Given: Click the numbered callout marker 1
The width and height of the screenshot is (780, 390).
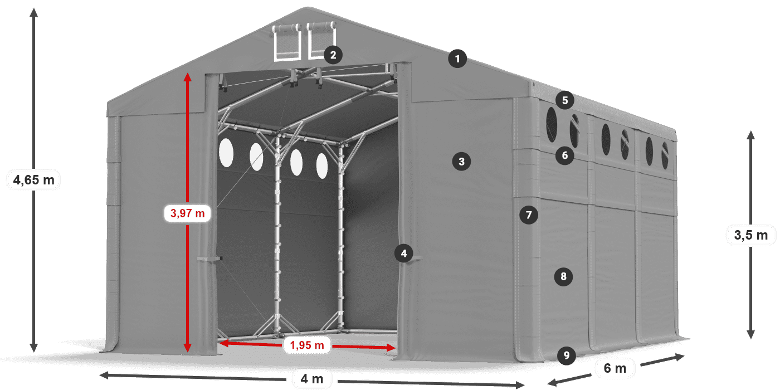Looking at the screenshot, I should pyautogui.click(x=457, y=58).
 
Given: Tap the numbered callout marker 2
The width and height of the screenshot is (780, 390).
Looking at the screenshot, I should pyautogui.click(x=333, y=55).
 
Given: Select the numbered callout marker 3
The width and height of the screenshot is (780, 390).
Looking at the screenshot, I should pyautogui.click(x=461, y=162).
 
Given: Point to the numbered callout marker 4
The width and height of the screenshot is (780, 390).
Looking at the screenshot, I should pyautogui.click(x=403, y=253).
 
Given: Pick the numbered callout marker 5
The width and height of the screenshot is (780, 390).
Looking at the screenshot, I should pyautogui.click(x=565, y=100).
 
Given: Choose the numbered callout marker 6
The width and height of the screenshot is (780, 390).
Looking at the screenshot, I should pyautogui.click(x=564, y=155).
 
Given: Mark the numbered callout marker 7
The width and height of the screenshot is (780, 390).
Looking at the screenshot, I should pyautogui.click(x=529, y=214).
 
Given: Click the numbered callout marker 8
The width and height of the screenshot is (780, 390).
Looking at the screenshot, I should pyautogui.click(x=563, y=276).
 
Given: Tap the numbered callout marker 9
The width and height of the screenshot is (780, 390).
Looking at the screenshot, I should pyautogui.click(x=566, y=354).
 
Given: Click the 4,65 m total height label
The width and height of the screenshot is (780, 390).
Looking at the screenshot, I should pyautogui.click(x=34, y=179).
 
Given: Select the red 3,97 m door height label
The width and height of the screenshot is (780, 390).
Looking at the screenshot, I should pyautogui.click(x=187, y=212).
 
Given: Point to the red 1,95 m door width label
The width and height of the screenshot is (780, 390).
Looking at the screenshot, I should pyautogui.click(x=307, y=345).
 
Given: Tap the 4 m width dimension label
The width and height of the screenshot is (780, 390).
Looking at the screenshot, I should pyautogui.click(x=311, y=379).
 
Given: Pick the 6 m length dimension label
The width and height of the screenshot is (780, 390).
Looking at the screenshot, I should pyautogui.click(x=615, y=368).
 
